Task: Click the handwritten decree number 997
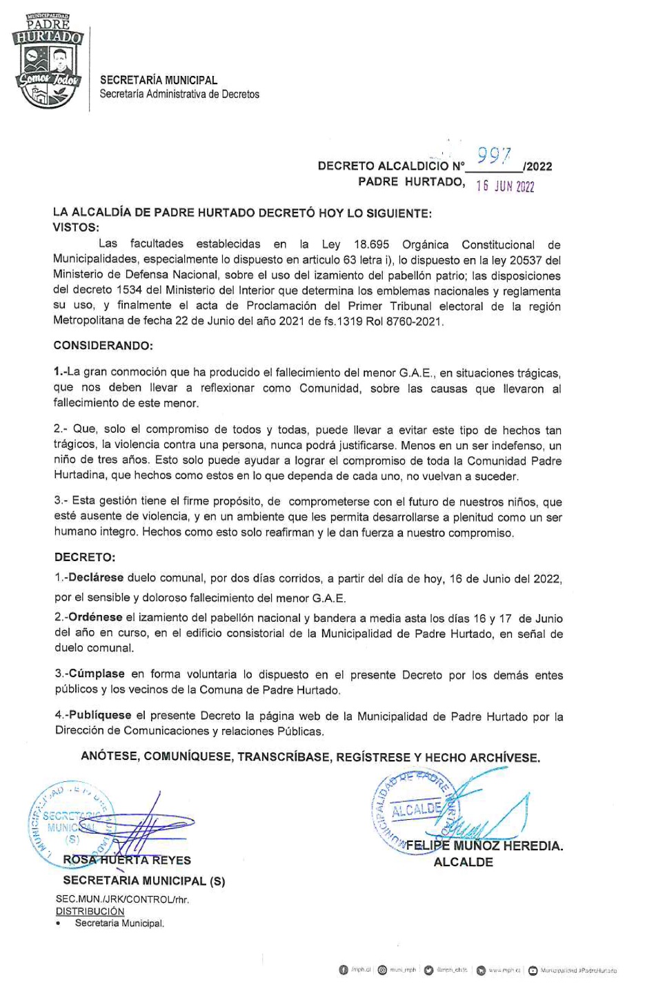coord(495,157)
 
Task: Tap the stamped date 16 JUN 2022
coord(505,186)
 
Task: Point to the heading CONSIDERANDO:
coord(103,344)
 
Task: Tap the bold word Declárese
coord(95,578)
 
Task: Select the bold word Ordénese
coord(95,618)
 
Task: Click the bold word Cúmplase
coord(96,674)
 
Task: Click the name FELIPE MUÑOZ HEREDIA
coord(484,846)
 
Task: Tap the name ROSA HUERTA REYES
coord(127,860)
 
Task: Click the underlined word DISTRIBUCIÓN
coord(90,911)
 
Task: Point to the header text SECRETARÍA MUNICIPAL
coord(159,81)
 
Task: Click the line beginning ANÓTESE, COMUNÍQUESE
coord(310,757)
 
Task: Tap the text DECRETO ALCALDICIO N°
coord(391,166)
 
